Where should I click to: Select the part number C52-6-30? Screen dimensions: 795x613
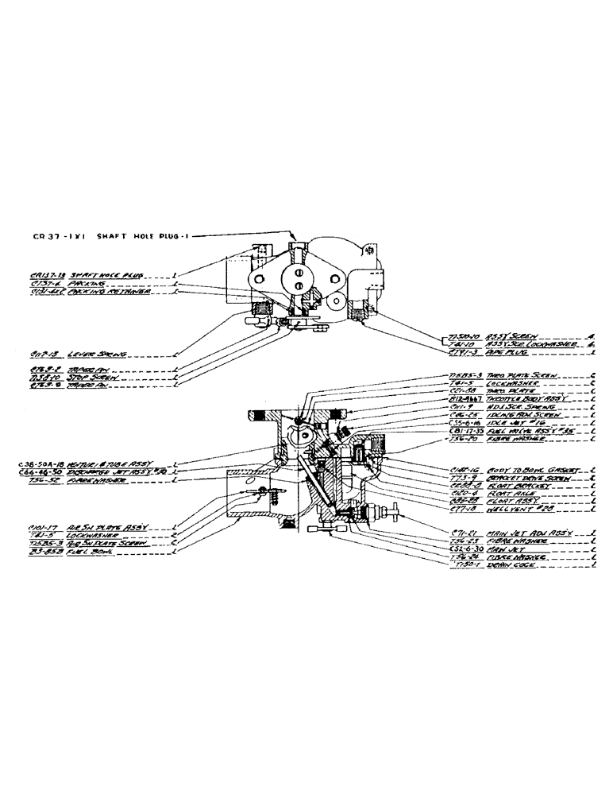[466, 547]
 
